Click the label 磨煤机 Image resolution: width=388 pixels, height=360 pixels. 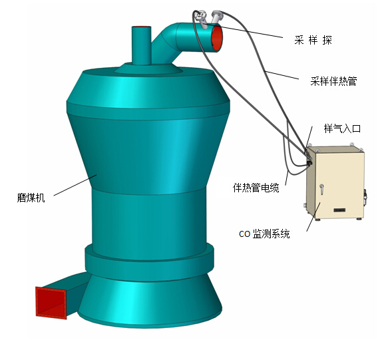(x=31, y=198)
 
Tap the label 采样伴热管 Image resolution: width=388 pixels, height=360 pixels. (x=333, y=81)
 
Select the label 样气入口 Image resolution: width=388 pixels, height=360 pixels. (x=342, y=128)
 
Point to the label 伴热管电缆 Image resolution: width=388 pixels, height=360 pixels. (x=256, y=188)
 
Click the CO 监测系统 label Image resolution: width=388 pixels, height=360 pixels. (x=264, y=234)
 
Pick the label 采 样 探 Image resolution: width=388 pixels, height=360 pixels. (x=313, y=40)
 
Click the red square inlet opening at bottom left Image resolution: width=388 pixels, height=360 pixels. (x=51, y=303)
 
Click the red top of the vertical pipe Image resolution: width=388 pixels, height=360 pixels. (x=141, y=27)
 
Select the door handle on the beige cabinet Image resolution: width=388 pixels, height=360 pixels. (x=321, y=189)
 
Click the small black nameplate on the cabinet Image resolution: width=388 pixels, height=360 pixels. (x=339, y=210)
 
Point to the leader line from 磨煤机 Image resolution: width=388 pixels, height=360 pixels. (x=75, y=185)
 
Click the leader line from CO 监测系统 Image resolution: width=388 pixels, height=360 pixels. (x=313, y=216)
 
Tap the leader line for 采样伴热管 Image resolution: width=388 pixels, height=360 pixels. (x=282, y=75)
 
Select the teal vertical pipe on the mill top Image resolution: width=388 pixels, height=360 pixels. (x=141, y=45)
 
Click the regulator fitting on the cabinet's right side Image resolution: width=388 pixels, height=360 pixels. (x=365, y=198)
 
